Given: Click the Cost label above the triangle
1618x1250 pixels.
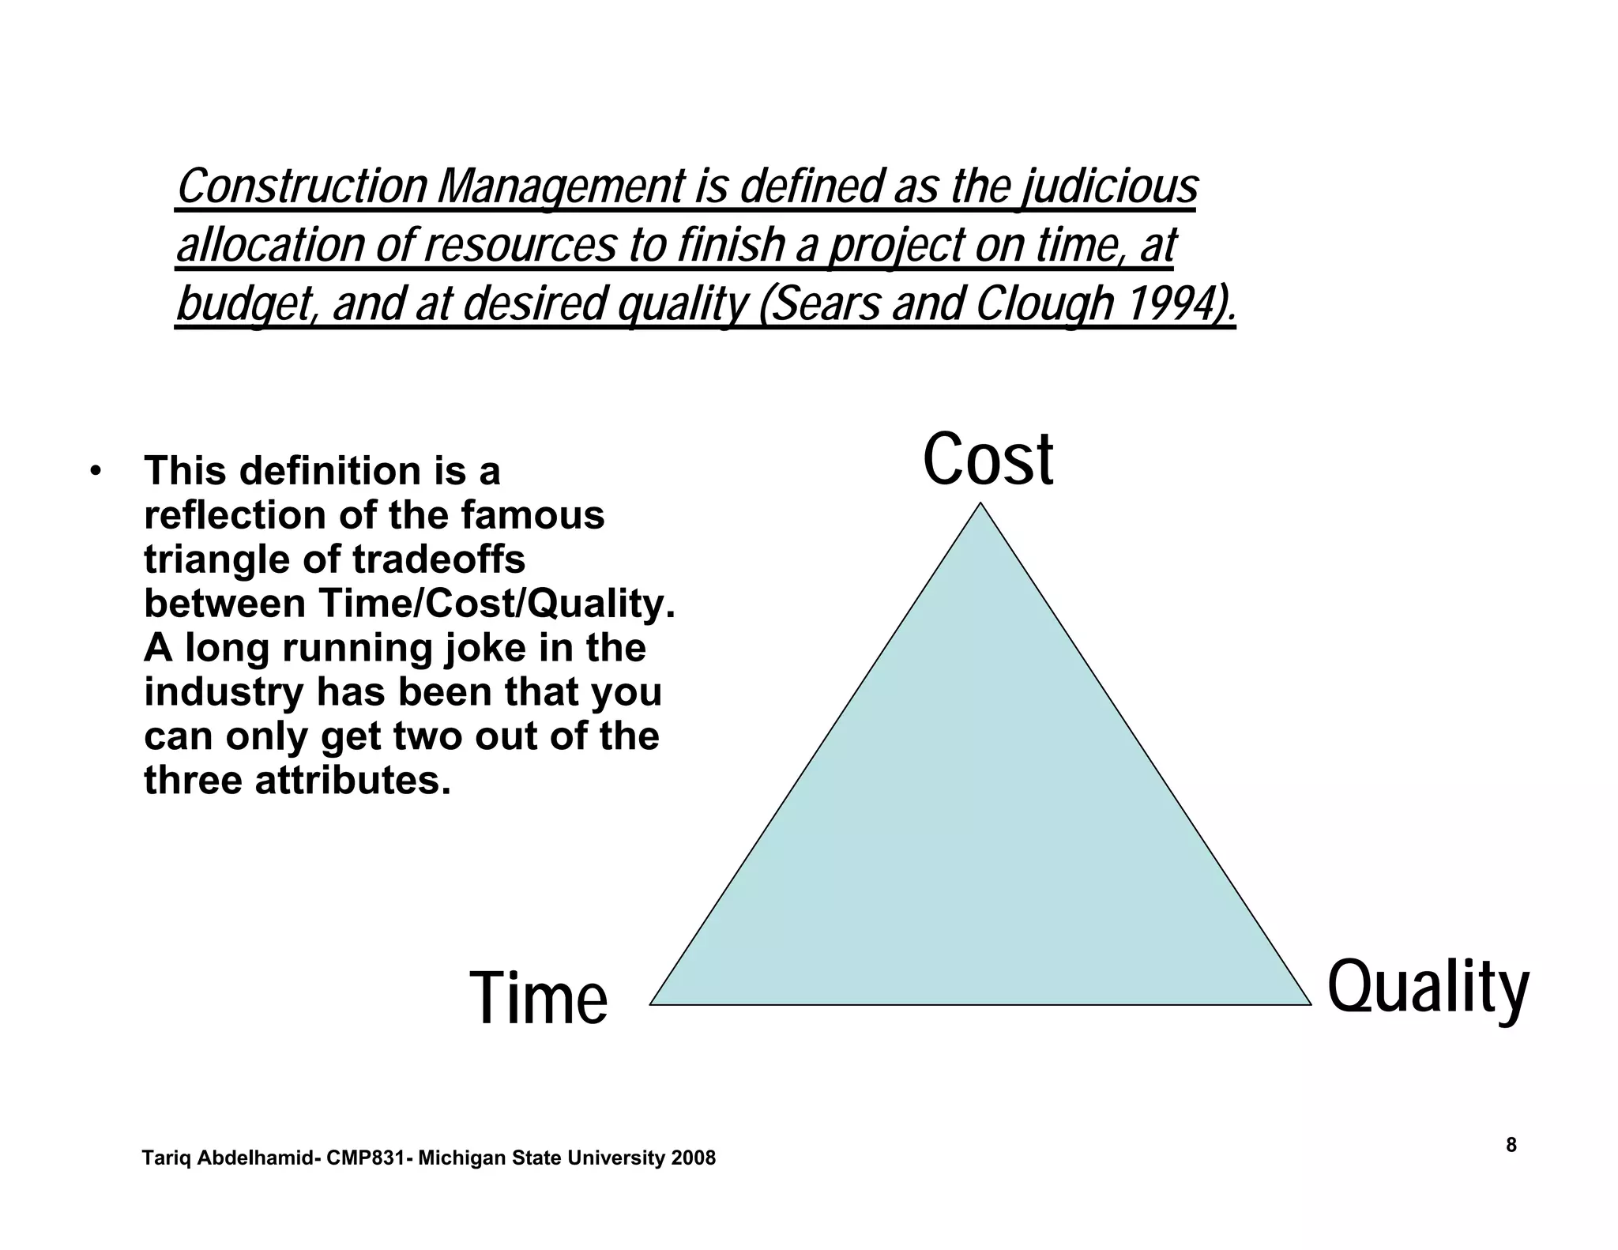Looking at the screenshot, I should (x=988, y=460).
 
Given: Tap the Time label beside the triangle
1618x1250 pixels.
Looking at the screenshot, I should (x=539, y=999).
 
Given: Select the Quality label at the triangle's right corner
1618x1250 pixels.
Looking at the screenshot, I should (x=1428, y=988).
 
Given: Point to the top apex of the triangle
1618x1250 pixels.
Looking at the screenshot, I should (x=980, y=504).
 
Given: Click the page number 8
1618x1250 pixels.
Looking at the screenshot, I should (x=1511, y=1145).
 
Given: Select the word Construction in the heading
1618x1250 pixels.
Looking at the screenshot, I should (x=302, y=186).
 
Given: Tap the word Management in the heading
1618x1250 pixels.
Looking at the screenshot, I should (x=560, y=188).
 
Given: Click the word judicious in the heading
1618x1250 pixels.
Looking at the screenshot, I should (x=1109, y=188).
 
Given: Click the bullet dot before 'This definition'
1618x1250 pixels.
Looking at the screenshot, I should (x=96, y=472).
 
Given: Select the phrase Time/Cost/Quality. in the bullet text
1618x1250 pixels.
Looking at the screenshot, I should (x=497, y=604).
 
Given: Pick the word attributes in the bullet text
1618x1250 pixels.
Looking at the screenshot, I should (x=352, y=781).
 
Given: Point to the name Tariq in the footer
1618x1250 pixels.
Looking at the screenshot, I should (x=166, y=1158).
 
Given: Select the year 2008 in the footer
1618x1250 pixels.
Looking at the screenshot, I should (x=693, y=1158).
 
